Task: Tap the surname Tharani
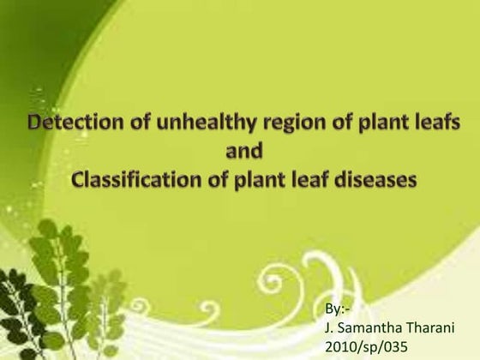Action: pos(432,327)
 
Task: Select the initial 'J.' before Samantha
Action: pos(331,327)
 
